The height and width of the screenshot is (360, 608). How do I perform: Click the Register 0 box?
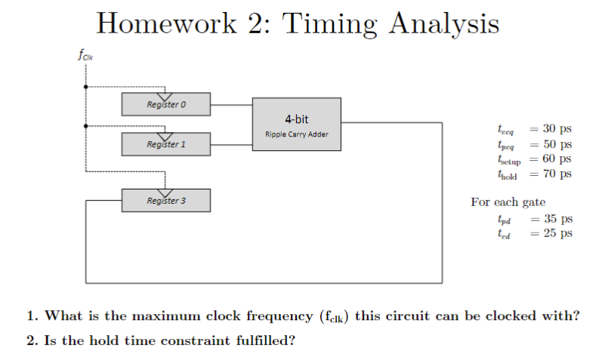tap(166, 105)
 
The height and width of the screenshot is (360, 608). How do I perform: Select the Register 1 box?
tap(166, 144)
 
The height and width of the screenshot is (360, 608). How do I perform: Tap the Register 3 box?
tap(166, 201)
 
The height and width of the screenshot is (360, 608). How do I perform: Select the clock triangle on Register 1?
tap(165, 136)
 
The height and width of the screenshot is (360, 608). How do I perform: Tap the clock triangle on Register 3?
tap(165, 192)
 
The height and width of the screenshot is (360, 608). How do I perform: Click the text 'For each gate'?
tap(508, 202)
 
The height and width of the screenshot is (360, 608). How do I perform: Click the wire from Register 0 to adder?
tap(231, 105)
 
